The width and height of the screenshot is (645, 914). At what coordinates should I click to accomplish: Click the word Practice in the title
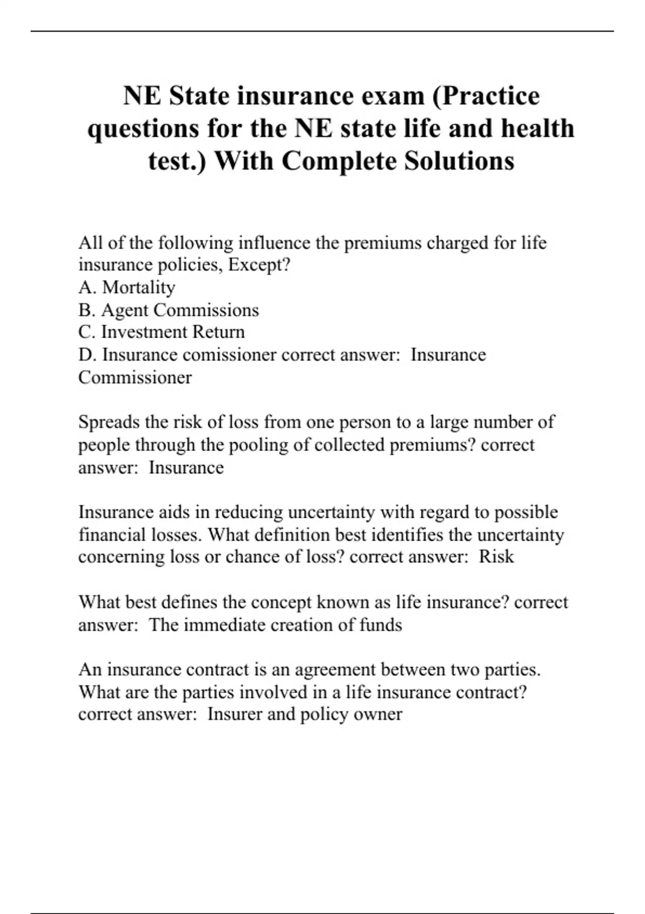(490, 96)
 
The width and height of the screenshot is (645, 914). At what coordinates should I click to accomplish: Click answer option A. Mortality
(127, 288)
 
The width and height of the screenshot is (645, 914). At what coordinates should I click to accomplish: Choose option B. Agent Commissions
(168, 310)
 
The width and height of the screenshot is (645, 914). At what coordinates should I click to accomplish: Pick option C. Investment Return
(161, 332)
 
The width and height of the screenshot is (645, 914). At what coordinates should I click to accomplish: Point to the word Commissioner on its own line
(135, 377)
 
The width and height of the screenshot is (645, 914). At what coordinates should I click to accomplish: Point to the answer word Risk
(496, 556)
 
